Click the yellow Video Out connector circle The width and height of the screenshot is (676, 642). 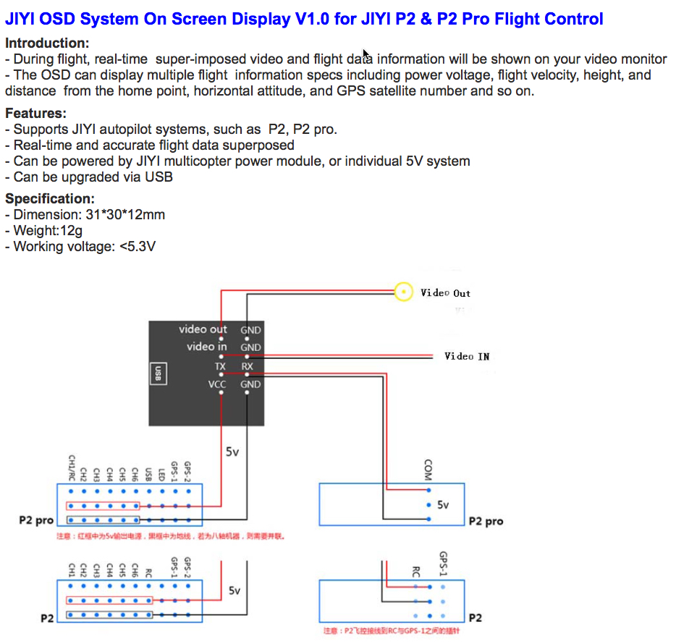point(403,292)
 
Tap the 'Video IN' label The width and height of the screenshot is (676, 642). point(467,356)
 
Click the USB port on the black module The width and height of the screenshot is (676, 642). point(158,373)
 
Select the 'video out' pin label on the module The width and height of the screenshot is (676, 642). point(203,329)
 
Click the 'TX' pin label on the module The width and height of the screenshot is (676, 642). point(220,366)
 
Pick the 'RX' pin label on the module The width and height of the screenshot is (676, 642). point(248,366)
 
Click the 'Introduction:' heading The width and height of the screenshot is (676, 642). point(47,43)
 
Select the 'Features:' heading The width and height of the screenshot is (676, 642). point(35,114)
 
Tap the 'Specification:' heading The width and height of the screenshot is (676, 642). point(50,199)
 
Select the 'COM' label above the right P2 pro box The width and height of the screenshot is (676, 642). point(428,470)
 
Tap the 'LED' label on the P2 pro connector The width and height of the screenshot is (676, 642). point(161,475)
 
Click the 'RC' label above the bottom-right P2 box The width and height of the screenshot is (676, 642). point(415,573)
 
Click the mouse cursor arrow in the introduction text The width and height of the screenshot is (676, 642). point(366,54)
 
